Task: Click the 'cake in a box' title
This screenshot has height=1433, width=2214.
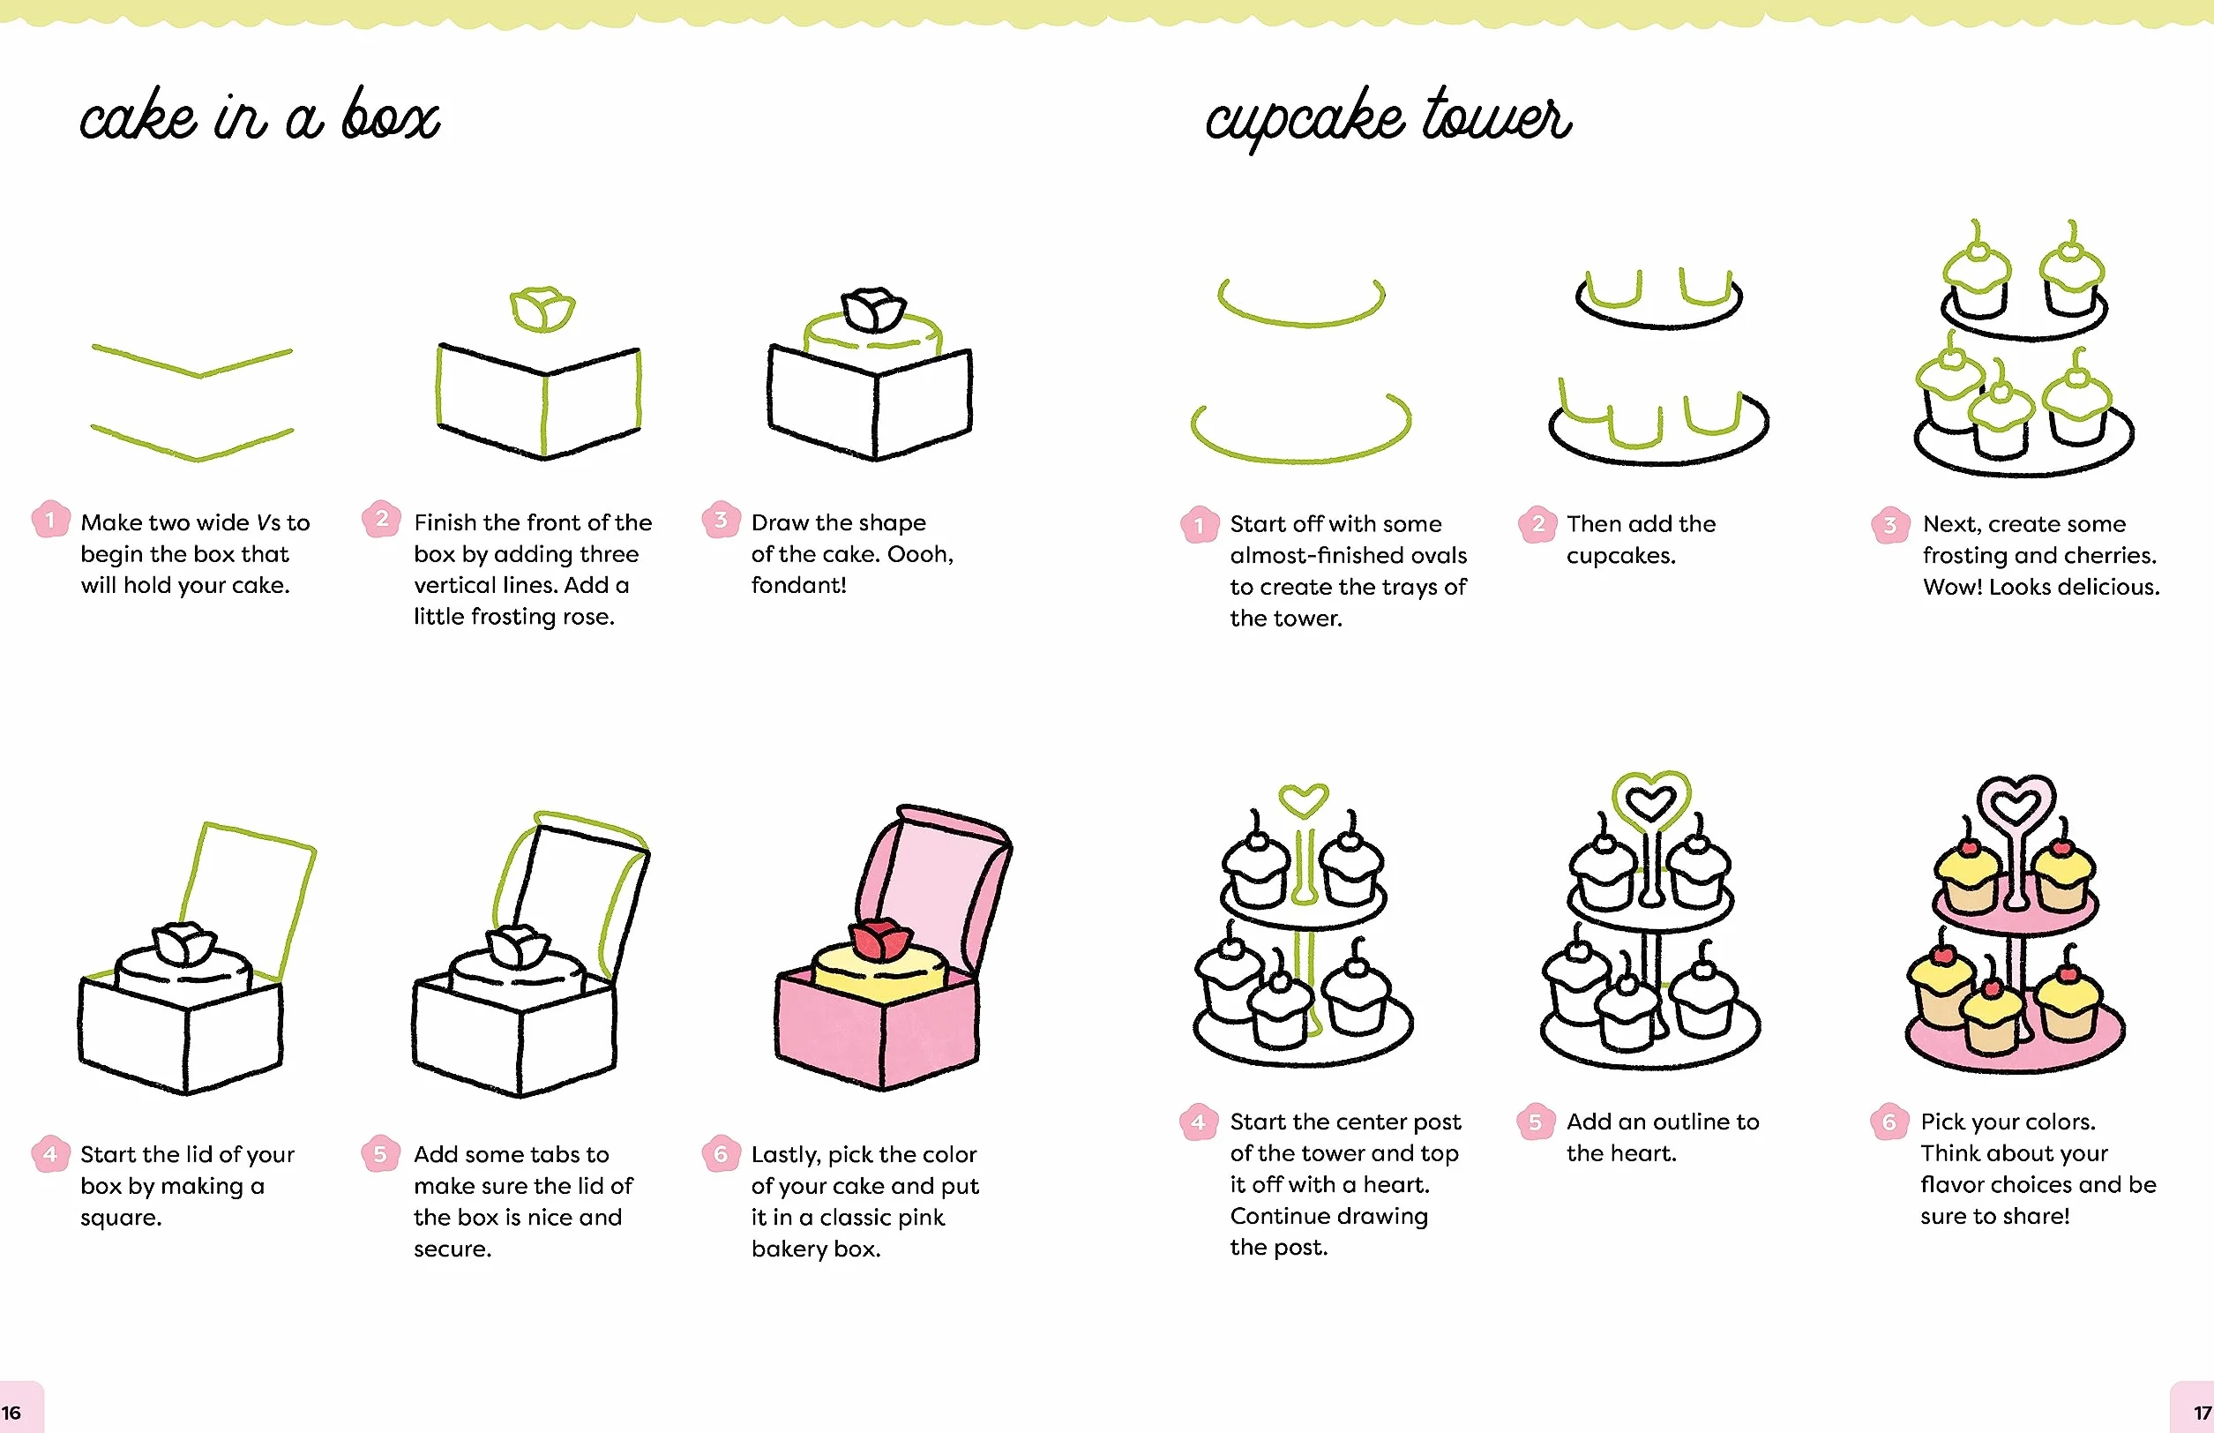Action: point(259,117)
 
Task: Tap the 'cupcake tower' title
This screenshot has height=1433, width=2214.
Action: point(1387,117)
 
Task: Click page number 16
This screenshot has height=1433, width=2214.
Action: point(11,1413)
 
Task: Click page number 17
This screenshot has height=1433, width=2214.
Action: point(2202,1413)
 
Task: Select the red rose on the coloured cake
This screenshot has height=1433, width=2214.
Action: point(880,939)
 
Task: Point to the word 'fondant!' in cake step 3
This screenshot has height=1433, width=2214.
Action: point(798,585)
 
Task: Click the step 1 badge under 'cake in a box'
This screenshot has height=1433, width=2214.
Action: point(50,519)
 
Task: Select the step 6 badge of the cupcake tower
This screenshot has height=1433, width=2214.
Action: point(1889,1122)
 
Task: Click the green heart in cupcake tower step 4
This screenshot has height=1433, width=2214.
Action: point(1304,800)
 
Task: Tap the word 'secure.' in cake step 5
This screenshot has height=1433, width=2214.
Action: point(453,1249)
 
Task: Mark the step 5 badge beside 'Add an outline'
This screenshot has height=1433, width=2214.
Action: point(1535,1122)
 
